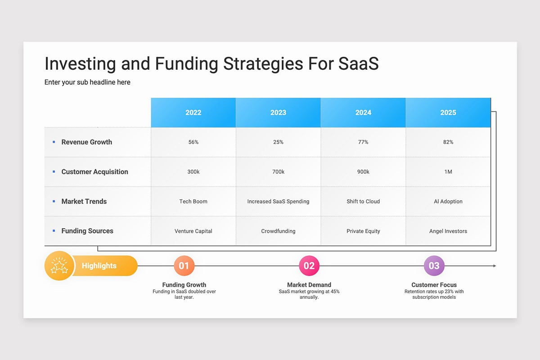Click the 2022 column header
click(193, 112)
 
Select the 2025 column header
click(448, 112)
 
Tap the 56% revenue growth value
click(193, 142)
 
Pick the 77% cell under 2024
click(363, 142)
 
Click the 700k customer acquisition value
click(278, 172)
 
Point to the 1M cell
click(448, 172)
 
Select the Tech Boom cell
click(193, 201)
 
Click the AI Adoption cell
click(448, 201)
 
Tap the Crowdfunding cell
click(278, 231)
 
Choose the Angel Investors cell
click(448, 231)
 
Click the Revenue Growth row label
click(86, 142)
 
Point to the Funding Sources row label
click(87, 231)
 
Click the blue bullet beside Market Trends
click(54, 201)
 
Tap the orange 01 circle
click(184, 265)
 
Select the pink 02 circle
click(309, 265)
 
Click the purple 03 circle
click(434, 265)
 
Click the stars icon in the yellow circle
click(59, 265)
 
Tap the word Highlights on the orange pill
click(99, 265)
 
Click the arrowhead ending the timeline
click(495, 265)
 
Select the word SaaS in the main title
click(359, 63)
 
